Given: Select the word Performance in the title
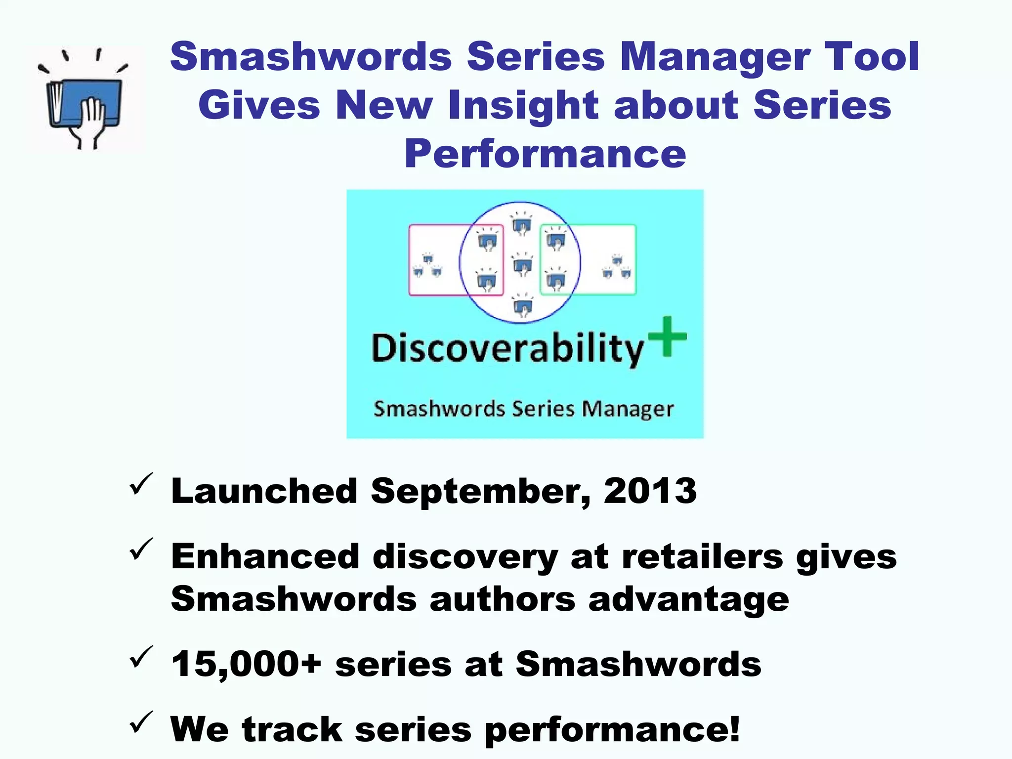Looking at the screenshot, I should click(545, 154).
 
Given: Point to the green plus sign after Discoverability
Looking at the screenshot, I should click(667, 336).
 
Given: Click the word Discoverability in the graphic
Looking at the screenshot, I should click(507, 348).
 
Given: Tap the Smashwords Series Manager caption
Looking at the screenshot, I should click(523, 409).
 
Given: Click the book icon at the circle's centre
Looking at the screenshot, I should click(522, 264).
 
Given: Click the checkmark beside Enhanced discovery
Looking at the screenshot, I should click(141, 549).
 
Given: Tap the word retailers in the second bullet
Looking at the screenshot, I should click(702, 557).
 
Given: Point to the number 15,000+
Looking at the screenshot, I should click(246, 664).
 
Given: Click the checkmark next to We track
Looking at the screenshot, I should click(141, 722).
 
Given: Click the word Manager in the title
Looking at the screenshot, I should click(715, 56).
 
